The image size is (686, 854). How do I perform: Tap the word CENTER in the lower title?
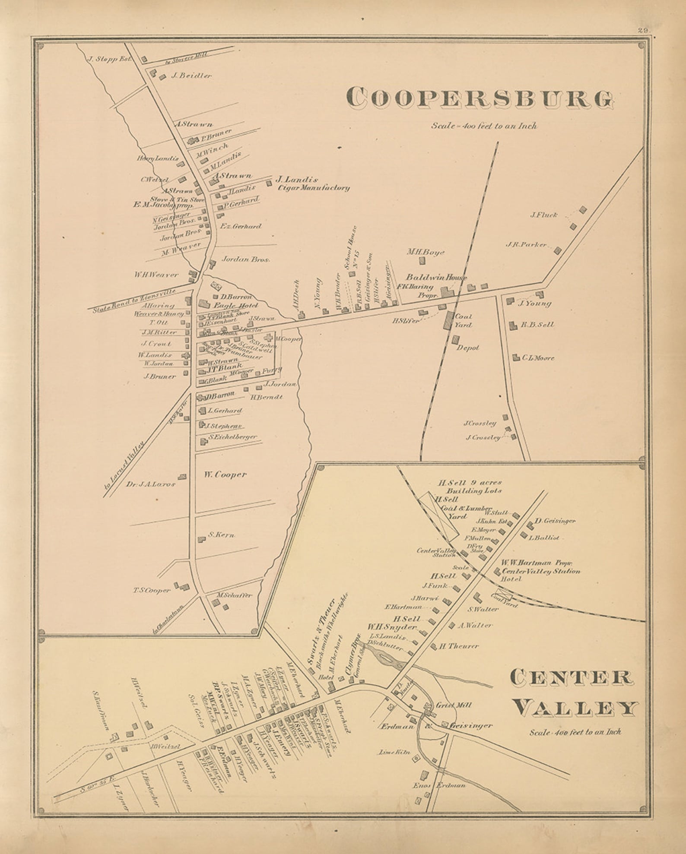(570, 677)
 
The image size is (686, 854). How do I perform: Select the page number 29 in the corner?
(643, 30)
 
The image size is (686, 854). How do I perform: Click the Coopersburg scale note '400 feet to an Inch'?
(484, 126)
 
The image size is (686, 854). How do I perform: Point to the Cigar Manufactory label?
(314, 188)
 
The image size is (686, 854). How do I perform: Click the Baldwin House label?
(436, 277)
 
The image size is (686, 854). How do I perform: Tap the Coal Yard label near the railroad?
(463, 320)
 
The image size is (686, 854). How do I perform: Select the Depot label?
(467, 348)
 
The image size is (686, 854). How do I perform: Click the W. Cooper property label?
(225, 474)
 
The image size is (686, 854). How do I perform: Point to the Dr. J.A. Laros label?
(150, 484)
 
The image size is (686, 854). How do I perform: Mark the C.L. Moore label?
(538, 357)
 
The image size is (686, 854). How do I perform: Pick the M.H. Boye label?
(426, 252)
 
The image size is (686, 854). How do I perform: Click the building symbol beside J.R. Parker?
(558, 250)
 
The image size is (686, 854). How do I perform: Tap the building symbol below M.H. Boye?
(423, 261)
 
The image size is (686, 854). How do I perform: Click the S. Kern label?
(221, 535)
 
